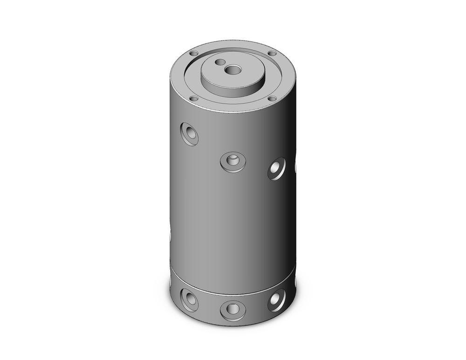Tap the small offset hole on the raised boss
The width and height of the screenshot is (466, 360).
click(218, 62)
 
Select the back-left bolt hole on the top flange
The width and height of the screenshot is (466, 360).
click(195, 53)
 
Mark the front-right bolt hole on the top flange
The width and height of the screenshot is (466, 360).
click(272, 98)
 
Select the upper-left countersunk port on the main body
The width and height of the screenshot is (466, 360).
click(189, 134)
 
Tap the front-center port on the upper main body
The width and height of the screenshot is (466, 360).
click(233, 162)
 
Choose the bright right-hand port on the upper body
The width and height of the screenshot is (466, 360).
click(276, 168)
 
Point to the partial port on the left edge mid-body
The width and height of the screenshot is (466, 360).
click(170, 235)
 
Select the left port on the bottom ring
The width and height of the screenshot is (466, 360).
click(189, 300)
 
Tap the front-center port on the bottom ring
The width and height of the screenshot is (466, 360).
click(233, 310)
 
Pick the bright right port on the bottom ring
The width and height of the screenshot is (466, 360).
click(276, 300)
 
